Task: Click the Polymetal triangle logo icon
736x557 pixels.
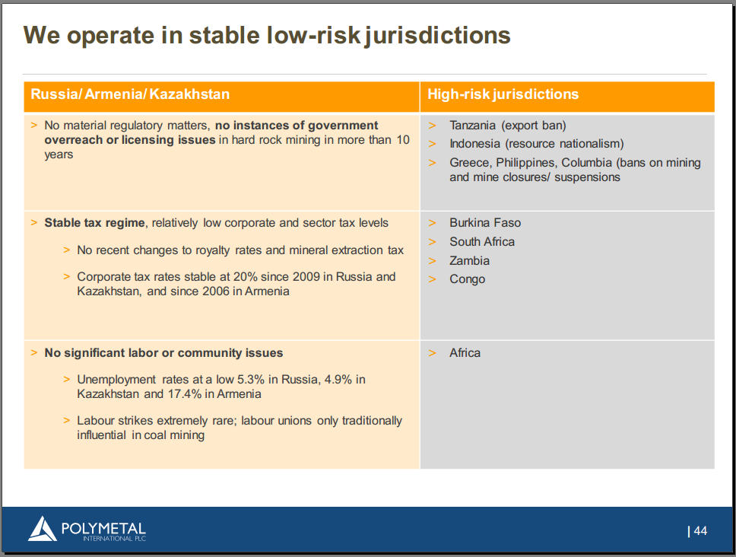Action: [43, 529]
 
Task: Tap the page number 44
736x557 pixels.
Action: [700, 530]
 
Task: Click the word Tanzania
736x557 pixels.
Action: [472, 126]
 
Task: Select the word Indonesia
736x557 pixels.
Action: [474, 144]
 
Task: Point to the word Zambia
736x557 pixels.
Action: [469, 261]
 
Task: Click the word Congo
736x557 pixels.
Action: [467, 279]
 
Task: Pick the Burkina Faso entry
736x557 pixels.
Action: [485, 223]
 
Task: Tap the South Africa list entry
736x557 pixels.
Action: [481, 242]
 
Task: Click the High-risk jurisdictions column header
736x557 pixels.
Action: [503, 94]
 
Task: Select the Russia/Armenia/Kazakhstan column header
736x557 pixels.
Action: [130, 94]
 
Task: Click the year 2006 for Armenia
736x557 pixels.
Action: [216, 291]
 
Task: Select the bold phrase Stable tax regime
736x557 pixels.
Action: [94, 223]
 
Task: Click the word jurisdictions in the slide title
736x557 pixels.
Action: [437, 37]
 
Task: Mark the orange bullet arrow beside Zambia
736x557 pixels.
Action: [433, 261]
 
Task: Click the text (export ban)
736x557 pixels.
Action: [534, 126]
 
